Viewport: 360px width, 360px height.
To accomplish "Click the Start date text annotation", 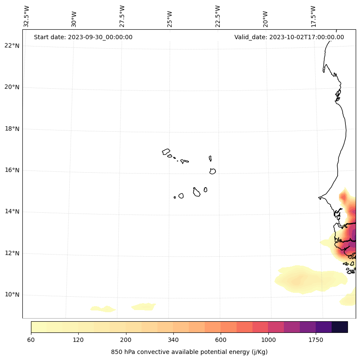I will coord(83,37).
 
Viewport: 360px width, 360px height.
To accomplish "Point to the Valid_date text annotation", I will coord(289,37).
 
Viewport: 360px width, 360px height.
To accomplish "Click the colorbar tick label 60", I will coord(31,340).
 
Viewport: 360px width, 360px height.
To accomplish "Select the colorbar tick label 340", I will coord(173,340).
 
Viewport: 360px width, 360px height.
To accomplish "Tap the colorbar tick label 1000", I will coord(268,340).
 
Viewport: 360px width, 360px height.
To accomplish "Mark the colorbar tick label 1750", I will coord(316,340).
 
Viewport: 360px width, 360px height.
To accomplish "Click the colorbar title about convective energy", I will coord(189,352).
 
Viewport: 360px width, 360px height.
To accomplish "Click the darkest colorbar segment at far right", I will coord(340,327).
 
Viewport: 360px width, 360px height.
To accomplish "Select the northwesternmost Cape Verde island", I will coord(166,152).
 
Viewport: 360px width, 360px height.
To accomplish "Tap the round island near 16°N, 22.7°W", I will coord(212,171).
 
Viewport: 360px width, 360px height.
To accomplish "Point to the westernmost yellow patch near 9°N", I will coord(103,309).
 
